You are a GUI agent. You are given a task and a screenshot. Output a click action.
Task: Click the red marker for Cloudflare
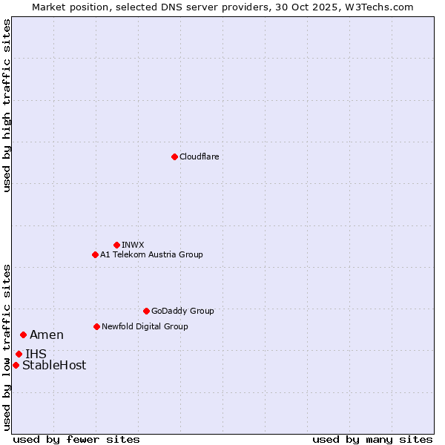[174, 156]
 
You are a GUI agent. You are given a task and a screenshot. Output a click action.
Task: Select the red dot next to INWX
[116, 245]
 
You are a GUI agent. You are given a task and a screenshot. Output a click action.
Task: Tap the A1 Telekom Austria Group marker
[95, 254]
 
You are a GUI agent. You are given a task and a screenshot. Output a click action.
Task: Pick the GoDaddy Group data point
[146, 311]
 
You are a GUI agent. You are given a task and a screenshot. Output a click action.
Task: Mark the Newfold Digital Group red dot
[96, 326]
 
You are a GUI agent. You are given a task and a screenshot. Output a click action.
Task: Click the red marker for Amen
[23, 335]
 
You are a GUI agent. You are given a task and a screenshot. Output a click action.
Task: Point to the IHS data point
[19, 354]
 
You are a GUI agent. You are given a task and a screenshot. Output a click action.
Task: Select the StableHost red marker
[16, 365]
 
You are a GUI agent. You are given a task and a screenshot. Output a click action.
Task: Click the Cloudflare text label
[199, 156]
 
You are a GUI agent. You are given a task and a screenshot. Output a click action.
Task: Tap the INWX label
[133, 245]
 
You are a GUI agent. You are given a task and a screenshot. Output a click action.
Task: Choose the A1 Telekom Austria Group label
[151, 254]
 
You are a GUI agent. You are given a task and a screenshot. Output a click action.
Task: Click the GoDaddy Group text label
[182, 311]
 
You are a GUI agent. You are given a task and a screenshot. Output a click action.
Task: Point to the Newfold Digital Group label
[145, 326]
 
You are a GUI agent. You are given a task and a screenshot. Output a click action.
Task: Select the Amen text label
[47, 335]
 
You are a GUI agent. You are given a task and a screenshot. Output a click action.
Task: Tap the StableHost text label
[54, 365]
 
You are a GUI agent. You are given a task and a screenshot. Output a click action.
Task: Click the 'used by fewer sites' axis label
[76, 439]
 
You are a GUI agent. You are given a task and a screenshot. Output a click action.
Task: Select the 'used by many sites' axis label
[372, 439]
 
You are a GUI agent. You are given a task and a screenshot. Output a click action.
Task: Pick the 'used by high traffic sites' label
[7, 105]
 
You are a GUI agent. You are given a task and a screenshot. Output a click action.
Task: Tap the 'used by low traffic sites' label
[7, 346]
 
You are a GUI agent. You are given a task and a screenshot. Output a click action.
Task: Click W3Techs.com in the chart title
[383, 7]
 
